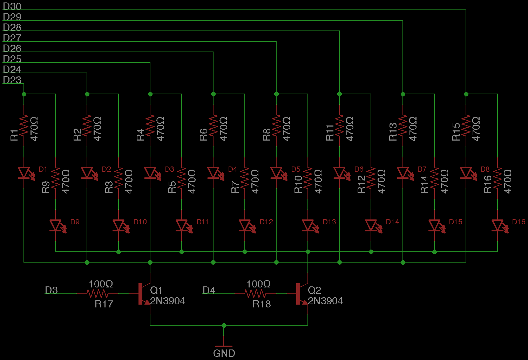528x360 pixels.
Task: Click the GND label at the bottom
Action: point(224,353)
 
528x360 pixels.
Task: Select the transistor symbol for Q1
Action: point(144,294)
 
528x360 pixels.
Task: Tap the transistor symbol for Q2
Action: point(302,294)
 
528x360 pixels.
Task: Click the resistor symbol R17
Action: point(97,294)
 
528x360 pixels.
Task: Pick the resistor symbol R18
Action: point(255,294)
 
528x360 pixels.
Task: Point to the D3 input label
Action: point(51,290)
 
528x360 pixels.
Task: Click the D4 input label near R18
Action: point(209,290)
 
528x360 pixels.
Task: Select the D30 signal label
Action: point(12,6)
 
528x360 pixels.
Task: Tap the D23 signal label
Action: point(12,80)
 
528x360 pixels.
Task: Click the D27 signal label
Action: point(12,38)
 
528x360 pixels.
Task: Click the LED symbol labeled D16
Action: point(498,225)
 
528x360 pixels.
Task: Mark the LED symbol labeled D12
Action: point(245,225)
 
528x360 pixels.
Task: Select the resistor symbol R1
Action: point(24,125)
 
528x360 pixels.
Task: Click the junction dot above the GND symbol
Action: point(224,325)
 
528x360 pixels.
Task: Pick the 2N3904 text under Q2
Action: point(325,301)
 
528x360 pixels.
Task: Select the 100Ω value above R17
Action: point(101,284)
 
